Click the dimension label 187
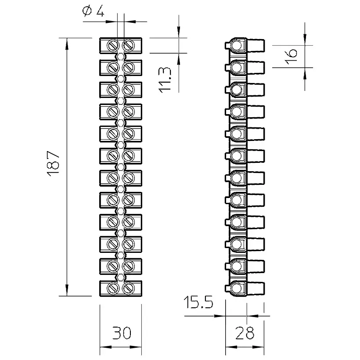click(x=53, y=163)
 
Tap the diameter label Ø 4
click(x=93, y=11)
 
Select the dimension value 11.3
click(x=165, y=80)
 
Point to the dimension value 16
click(x=291, y=56)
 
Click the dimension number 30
click(x=122, y=333)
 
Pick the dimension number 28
click(x=245, y=333)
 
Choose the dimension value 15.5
click(x=198, y=302)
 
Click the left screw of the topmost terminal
click(x=113, y=46)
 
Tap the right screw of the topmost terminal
click(x=128, y=46)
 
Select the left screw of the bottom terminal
click(x=113, y=288)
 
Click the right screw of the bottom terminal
click(x=128, y=288)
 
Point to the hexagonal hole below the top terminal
click(x=121, y=56)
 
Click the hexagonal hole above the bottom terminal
click(x=121, y=277)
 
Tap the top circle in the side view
click(x=236, y=46)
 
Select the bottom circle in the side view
click(x=236, y=288)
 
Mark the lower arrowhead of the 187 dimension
click(x=67, y=290)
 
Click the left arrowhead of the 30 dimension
click(x=106, y=347)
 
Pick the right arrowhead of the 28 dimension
click(x=258, y=347)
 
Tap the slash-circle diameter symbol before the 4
click(x=87, y=11)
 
